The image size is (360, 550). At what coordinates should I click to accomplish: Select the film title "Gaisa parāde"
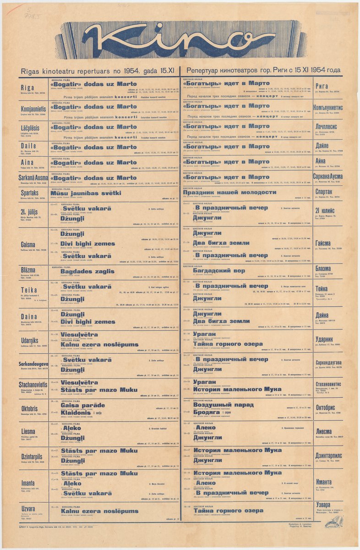(x=81, y=405)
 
